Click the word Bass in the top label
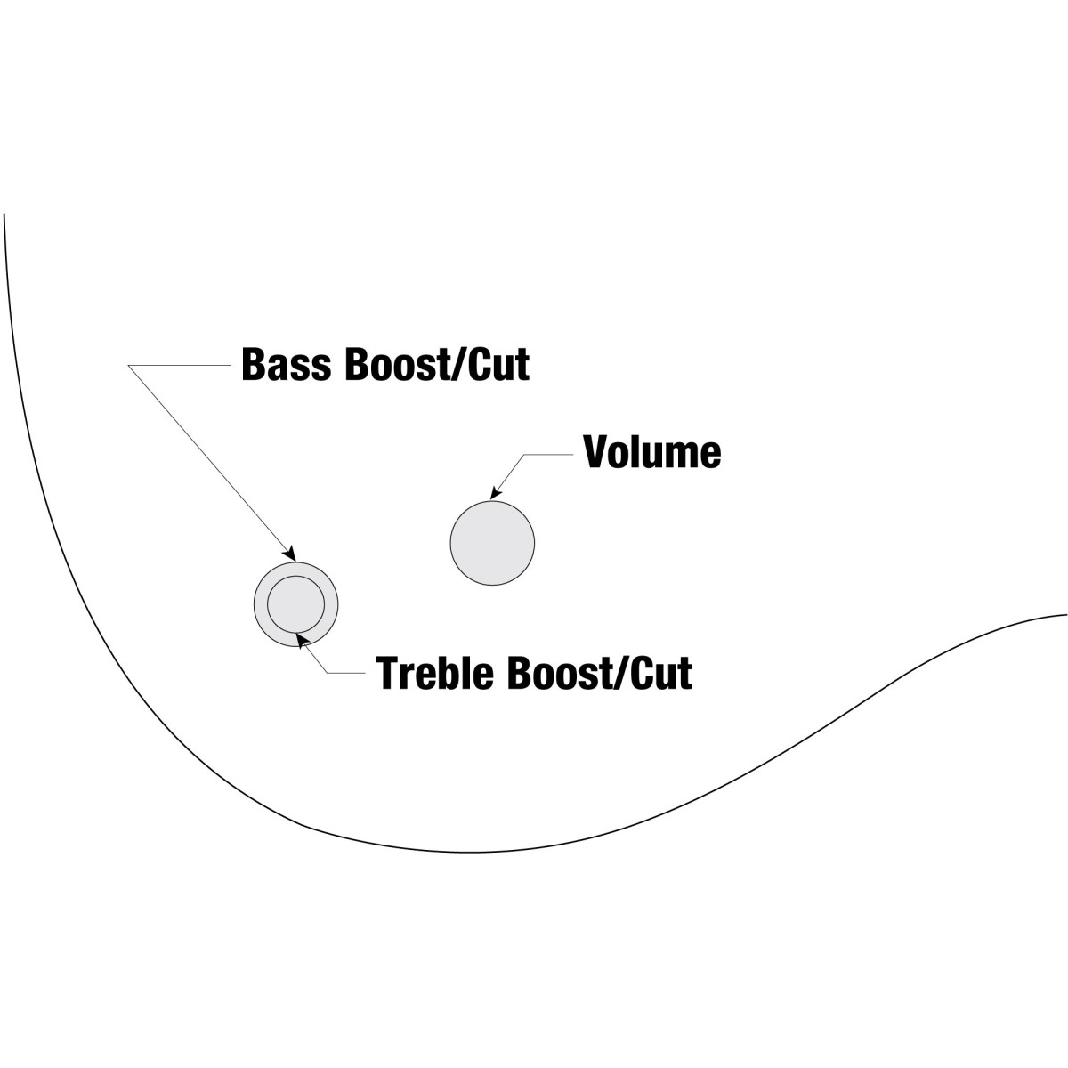[281, 365]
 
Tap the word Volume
[651, 453]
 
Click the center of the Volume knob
[492, 543]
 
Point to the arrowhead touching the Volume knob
[495, 493]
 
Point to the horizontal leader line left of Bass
[178, 366]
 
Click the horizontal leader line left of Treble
[347, 673]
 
